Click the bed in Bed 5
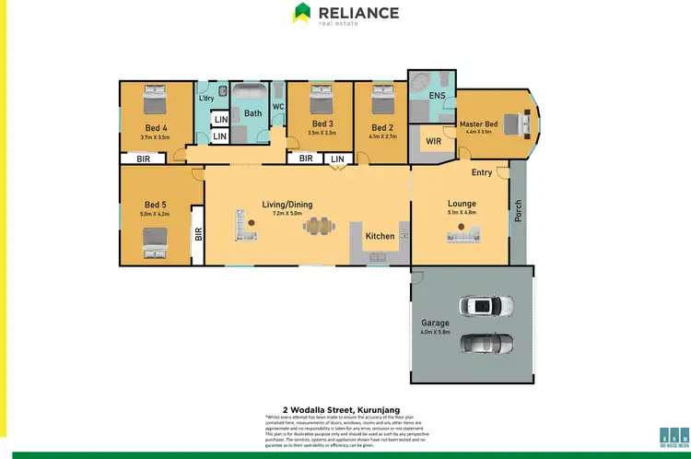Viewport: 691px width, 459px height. point(154,242)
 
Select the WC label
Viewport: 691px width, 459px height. point(277,107)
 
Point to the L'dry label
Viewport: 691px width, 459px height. point(206,99)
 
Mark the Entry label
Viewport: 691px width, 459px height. point(481,172)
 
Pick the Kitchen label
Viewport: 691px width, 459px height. point(380,236)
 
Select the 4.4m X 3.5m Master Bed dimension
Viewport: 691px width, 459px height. point(478,133)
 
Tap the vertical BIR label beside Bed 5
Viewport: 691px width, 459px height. point(197,235)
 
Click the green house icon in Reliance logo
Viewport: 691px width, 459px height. point(302,13)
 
